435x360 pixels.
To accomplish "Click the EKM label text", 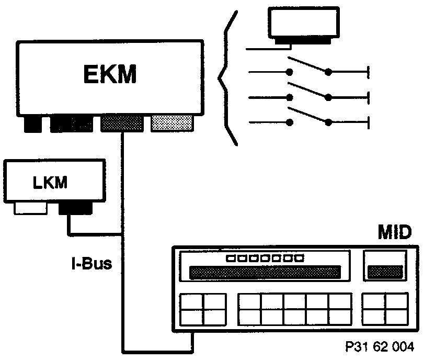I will coord(109,74).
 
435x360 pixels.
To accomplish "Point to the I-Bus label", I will coord(91,263).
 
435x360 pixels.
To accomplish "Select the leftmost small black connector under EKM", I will coord(35,125).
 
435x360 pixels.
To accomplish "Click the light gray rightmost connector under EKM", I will coord(171,123).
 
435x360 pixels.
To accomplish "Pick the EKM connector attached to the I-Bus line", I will coord(121,123).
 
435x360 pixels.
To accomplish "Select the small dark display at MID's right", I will coord(385,272).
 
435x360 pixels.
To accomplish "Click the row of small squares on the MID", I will coord(265,258).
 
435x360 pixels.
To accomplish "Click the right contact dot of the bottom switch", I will coord(328,123).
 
